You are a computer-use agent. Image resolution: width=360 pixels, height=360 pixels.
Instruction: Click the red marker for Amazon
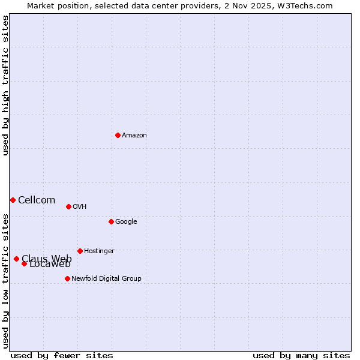(118, 135)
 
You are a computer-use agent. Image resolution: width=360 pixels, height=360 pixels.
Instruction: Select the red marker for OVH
(68, 206)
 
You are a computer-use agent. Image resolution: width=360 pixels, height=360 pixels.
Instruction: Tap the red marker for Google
(111, 221)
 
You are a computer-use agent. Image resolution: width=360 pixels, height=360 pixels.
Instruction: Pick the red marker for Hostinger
(80, 251)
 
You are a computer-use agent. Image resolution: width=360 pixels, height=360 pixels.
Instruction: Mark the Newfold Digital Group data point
(67, 278)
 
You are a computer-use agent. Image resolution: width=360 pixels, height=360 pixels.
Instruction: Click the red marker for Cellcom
(13, 200)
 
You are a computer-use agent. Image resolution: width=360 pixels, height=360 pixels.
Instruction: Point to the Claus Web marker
(16, 259)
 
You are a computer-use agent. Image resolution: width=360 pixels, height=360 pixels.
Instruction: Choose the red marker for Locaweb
(24, 263)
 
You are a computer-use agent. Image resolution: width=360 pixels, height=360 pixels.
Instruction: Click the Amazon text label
(134, 136)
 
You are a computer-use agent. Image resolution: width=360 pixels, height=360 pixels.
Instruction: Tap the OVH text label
(80, 207)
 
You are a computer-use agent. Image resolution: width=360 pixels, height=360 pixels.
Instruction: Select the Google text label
(126, 222)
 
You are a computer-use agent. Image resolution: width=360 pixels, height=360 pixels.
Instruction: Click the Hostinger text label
(99, 251)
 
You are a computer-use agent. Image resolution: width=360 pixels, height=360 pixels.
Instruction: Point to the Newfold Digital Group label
(106, 279)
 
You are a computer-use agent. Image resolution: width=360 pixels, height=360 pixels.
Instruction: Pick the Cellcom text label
(37, 200)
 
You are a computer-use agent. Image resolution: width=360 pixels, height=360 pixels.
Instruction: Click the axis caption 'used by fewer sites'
(62, 356)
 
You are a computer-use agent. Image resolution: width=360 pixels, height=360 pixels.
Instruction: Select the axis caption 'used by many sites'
(301, 356)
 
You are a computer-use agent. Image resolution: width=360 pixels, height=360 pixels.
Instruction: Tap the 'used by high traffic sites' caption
(5, 85)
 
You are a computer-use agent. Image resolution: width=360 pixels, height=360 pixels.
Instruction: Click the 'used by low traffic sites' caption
(5, 281)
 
